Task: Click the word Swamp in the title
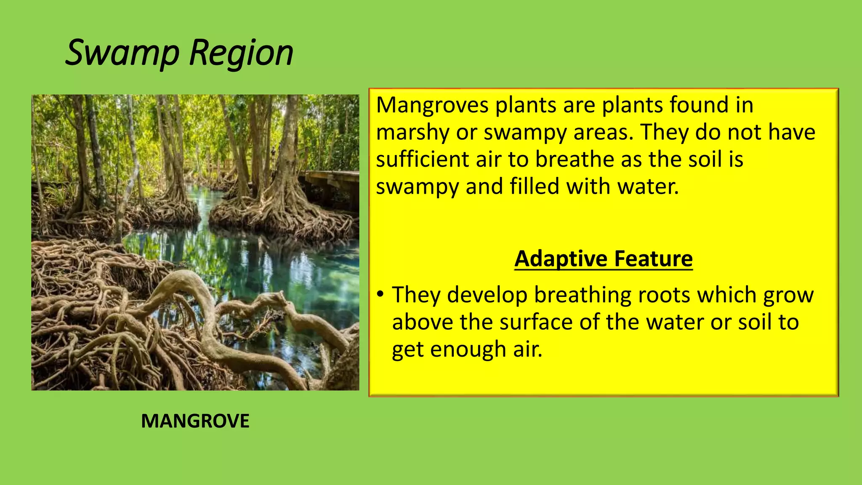[122, 53]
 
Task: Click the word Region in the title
[241, 53]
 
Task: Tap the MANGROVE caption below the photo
[195, 421]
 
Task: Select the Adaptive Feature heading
[603, 258]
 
